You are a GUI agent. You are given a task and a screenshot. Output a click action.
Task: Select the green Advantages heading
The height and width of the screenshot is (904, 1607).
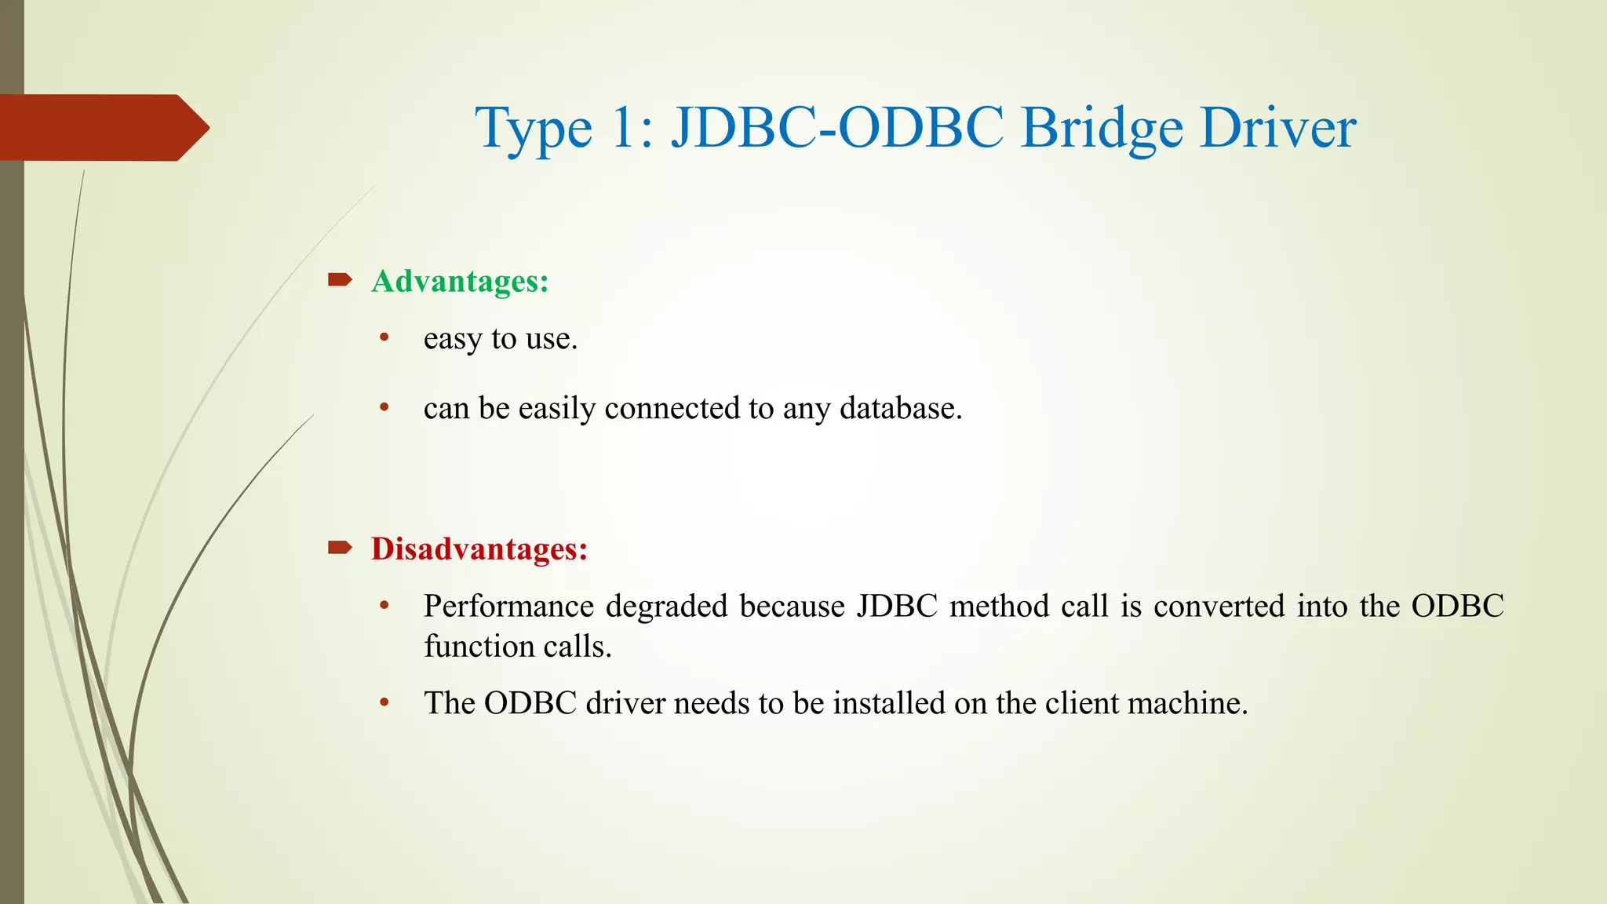(460, 281)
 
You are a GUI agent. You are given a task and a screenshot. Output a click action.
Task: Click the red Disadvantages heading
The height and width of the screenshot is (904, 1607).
(479, 549)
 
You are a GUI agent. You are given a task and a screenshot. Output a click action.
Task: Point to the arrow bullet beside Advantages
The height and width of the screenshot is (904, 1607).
(340, 279)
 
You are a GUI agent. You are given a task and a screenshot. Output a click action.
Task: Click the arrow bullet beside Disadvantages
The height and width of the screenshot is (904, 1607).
(340, 547)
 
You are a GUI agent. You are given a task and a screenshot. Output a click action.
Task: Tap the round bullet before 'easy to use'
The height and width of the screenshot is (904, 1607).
(384, 337)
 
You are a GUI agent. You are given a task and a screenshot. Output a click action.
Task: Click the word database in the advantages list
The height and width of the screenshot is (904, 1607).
(900, 408)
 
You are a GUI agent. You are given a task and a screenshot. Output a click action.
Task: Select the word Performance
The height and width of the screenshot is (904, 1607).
(508, 606)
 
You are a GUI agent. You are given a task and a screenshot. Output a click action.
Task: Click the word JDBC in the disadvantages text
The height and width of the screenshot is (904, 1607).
(897, 606)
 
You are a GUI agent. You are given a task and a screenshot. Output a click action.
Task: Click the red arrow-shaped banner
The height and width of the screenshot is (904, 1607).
(102, 128)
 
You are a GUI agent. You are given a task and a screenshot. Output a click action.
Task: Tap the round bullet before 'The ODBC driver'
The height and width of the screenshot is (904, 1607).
(384, 702)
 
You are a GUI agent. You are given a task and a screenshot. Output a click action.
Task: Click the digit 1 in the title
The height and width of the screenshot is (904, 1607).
(625, 128)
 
